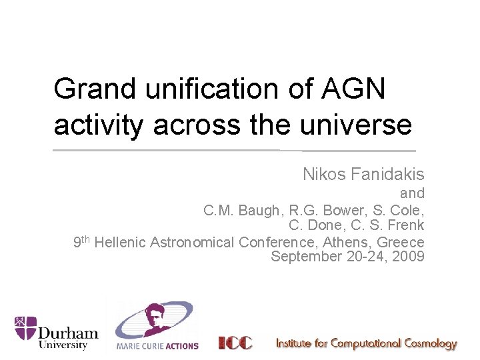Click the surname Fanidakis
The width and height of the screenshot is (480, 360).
coord(389,175)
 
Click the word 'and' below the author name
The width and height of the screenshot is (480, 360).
coord(412,193)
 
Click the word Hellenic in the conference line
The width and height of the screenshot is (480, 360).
coord(121,242)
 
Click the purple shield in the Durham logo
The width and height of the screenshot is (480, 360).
coord(25,328)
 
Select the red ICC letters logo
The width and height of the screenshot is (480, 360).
coord(236,343)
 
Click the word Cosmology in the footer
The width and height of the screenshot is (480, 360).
coord(425,344)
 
